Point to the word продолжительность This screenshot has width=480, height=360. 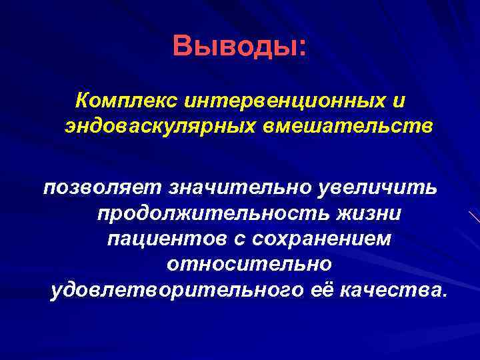(216, 215)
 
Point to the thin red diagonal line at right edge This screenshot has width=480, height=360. (474, 216)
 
